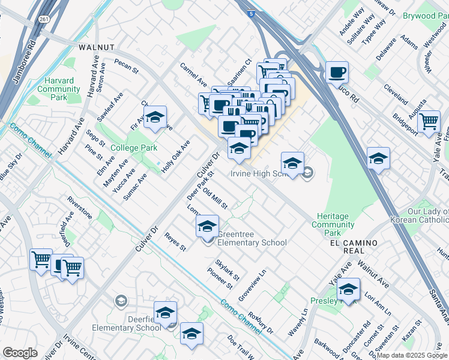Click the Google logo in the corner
20,353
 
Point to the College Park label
133,148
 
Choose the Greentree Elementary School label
252,238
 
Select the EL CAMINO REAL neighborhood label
354,243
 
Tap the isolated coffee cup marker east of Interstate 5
337,73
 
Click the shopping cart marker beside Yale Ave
429,121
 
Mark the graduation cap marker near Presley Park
348,289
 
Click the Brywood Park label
427,16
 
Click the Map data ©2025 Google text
411,355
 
